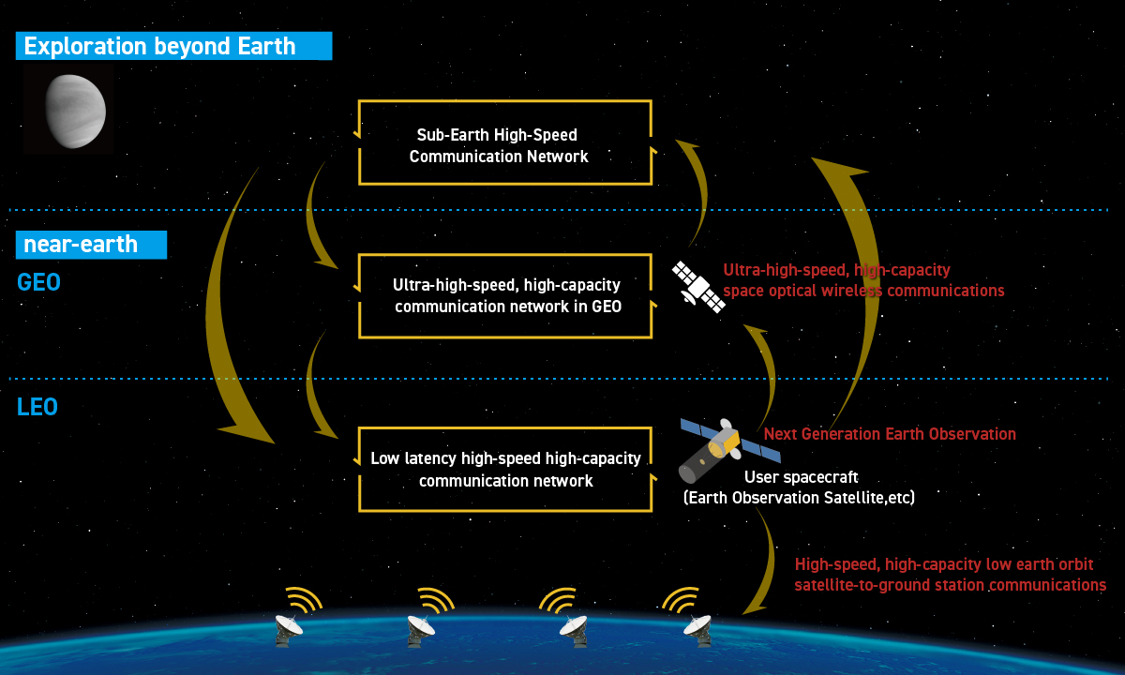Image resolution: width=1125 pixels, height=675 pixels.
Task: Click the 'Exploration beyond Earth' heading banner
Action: click(x=173, y=46)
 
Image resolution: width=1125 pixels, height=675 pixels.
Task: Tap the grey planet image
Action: click(x=76, y=111)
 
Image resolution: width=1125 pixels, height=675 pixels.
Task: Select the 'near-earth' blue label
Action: click(x=92, y=245)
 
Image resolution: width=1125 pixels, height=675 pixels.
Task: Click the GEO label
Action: click(x=38, y=282)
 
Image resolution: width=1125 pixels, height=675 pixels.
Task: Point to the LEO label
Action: click(x=37, y=407)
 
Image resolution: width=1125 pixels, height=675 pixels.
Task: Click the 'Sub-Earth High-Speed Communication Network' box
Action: click(x=504, y=142)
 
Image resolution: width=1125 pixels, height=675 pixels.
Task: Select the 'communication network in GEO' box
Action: click(x=504, y=296)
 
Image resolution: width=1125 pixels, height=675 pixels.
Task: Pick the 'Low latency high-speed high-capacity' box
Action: click(x=504, y=470)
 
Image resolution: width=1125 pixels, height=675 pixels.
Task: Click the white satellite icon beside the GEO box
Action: click(x=698, y=287)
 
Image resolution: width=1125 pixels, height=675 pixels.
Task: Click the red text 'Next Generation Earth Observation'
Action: click(x=890, y=434)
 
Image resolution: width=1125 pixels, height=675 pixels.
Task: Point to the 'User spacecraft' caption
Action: click(x=801, y=476)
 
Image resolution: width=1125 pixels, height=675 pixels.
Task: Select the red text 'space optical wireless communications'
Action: click(x=863, y=291)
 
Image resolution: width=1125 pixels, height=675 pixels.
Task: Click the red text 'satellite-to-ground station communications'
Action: click(x=951, y=585)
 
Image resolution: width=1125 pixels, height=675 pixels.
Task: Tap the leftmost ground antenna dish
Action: click(x=289, y=630)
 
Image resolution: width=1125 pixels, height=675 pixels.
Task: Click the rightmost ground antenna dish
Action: click(x=698, y=630)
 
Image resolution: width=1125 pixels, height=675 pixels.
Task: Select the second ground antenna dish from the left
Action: click(x=421, y=630)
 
